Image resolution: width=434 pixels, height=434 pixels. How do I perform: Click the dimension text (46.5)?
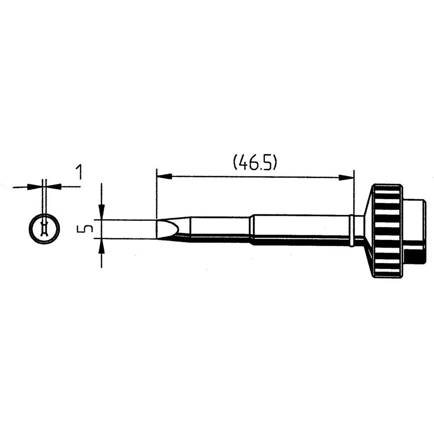255,163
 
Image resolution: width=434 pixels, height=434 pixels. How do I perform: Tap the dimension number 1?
79,172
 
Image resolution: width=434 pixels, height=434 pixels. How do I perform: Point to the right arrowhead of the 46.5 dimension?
346,178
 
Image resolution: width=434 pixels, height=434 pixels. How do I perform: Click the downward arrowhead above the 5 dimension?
102,212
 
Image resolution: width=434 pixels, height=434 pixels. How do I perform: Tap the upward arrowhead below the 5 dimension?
102,246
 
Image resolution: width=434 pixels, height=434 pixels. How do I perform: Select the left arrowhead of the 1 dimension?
35,186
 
